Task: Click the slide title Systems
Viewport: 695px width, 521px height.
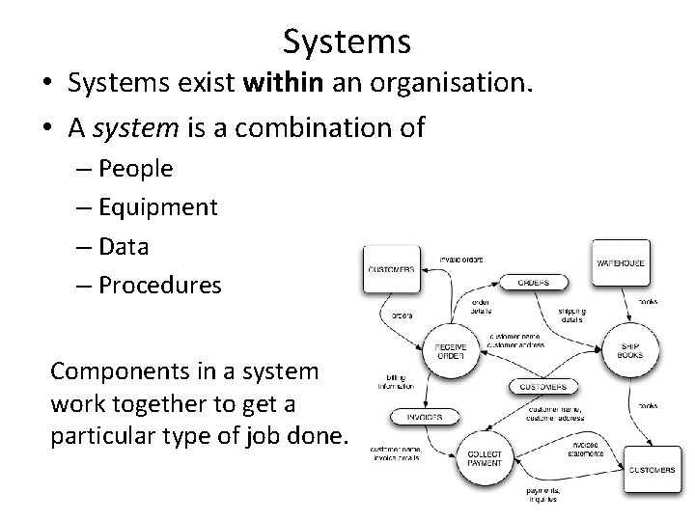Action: click(347, 41)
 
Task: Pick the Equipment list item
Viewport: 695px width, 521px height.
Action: click(156, 206)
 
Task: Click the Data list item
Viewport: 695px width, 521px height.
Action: click(124, 246)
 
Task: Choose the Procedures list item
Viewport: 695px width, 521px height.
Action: click(159, 285)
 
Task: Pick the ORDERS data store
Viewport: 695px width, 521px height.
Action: click(533, 282)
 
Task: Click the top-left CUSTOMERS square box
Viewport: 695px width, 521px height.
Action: click(391, 267)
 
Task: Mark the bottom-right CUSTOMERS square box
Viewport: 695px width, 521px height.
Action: click(653, 470)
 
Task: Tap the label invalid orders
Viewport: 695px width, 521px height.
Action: click(461, 260)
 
